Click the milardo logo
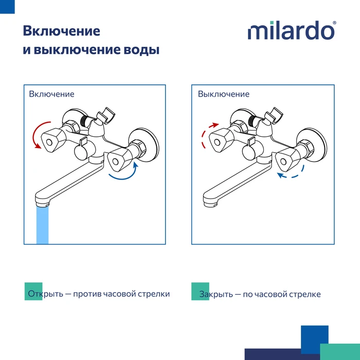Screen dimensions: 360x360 click(292, 30)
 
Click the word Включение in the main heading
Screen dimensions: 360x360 click(62, 31)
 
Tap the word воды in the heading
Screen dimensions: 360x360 click(141, 49)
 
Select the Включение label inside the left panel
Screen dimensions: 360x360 click(51, 94)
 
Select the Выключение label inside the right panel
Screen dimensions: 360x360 click(224, 94)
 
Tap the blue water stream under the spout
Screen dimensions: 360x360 click(43, 225)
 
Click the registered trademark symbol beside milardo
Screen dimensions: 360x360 click(334, 23)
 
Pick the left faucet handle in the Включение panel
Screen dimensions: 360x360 click(53, 140)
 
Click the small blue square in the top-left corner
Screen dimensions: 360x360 click(7, 7)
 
